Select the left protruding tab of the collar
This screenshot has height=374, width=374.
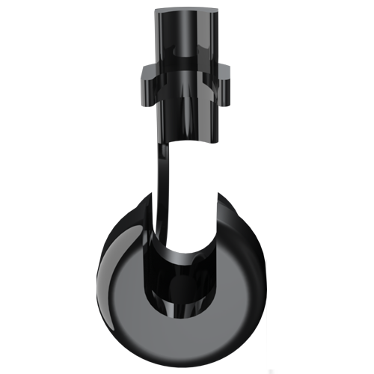click(x=149, y=75)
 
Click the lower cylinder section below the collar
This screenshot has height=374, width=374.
click(x=186, y=120)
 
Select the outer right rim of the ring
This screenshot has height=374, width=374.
click(x=262, y=284)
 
